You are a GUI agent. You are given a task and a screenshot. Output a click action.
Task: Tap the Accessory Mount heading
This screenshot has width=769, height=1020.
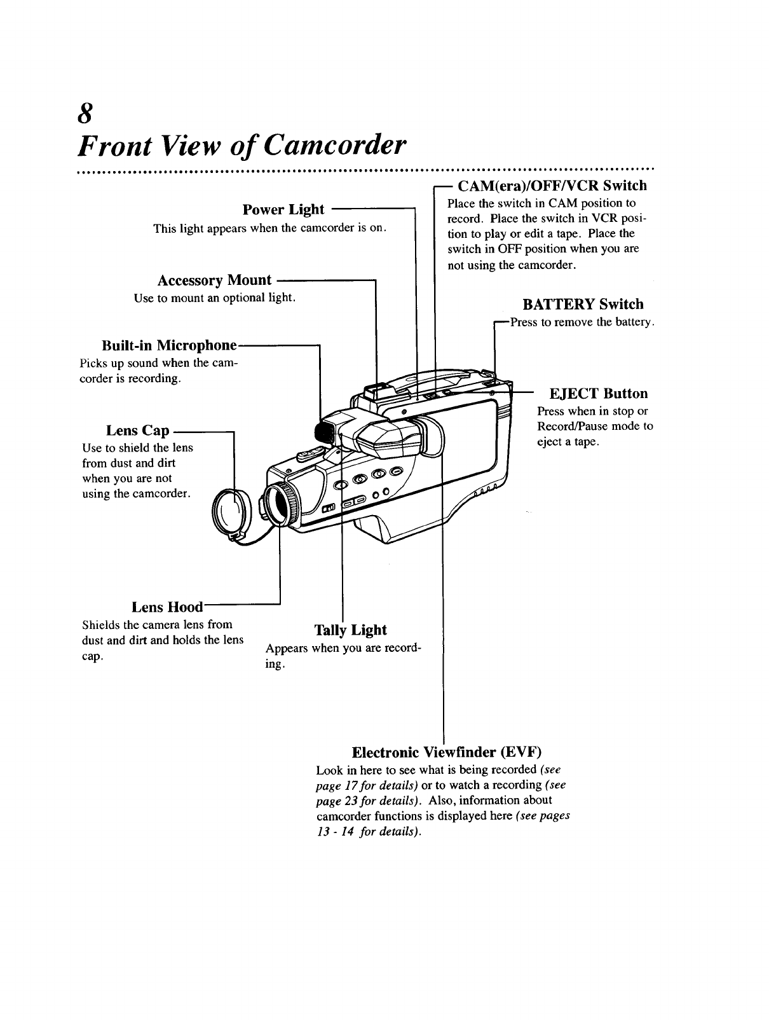(x=214, y=280)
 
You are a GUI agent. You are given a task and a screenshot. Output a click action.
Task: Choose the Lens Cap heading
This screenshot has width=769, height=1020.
(x=137, y=431)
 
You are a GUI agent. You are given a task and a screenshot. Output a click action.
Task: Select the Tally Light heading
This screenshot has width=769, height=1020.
(x=351, y=630)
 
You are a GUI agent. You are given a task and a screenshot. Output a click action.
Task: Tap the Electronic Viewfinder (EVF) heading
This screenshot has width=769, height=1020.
(x=446, y=752)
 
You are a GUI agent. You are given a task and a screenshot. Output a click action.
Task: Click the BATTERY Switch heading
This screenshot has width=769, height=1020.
(x=583, y=304)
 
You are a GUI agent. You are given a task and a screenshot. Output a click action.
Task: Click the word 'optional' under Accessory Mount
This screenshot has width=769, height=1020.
(x=245, y=298)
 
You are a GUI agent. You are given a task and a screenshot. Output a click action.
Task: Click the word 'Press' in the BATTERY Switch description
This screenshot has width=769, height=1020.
(x=524, y=322)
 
